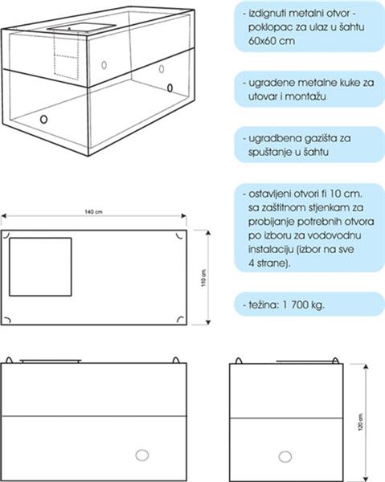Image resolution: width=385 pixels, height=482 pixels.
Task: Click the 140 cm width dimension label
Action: tap(93, 212)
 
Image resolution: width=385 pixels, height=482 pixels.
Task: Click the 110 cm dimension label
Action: tap(203, 278)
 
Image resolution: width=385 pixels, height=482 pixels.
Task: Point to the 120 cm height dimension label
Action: tap(360, 422)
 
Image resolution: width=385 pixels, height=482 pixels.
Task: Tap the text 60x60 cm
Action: tap(272, 41)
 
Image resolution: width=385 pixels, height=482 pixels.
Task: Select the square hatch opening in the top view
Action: tap(40, 267)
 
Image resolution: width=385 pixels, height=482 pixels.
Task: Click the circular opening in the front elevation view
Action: tap(142, 455)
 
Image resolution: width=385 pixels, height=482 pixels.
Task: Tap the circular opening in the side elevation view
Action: tap(285, 457)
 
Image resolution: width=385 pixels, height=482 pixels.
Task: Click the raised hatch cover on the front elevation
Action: tap(51, 361)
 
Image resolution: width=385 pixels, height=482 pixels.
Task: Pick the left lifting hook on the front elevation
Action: tap(9, 360)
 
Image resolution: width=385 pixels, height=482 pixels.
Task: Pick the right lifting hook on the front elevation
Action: tap(175, 360)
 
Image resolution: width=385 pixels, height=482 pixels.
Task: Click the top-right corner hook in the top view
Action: tap(179, 235)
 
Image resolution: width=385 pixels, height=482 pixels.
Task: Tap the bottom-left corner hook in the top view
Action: tap(7, 320)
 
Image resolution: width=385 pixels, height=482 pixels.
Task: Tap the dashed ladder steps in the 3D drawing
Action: tap(66, 56)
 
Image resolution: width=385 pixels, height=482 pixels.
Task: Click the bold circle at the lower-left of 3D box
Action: tap(44, 119)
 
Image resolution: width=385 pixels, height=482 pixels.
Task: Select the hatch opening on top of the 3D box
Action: tap(81, 27)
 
